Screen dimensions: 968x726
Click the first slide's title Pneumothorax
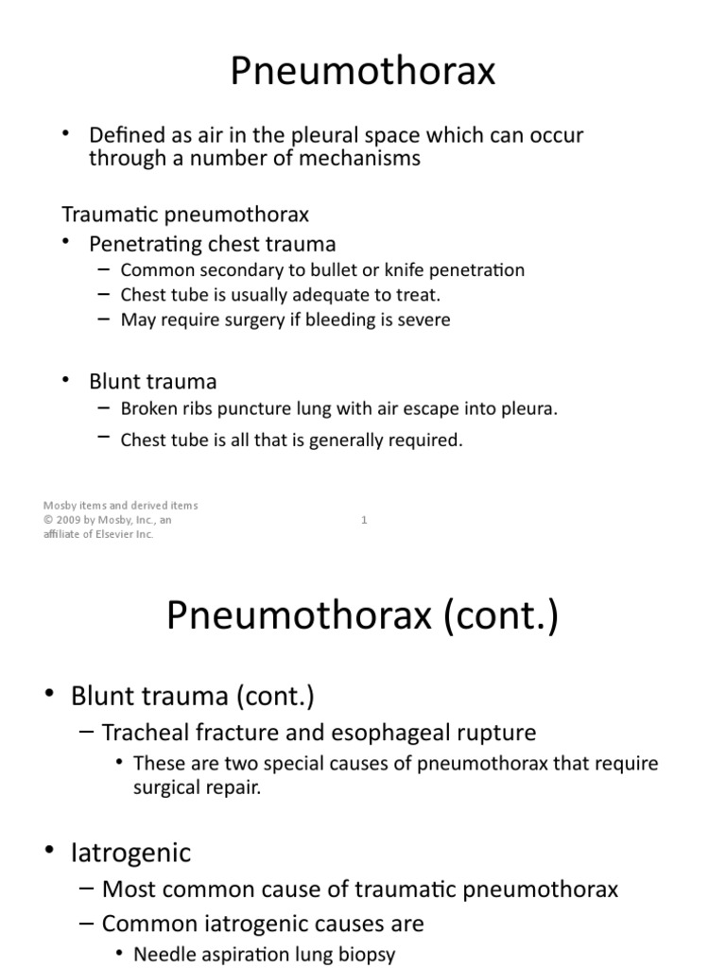(x=363, y=72)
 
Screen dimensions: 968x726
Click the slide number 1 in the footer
(x=364, y=519)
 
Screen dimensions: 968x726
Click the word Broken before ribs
(x=147, y=408)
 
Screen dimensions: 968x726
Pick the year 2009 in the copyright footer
(x=71, y=519)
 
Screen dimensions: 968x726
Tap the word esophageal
(x=398, y=732)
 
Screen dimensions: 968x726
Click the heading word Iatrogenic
(x=130, y=853)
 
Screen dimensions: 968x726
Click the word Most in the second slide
(x=127, y=889)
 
